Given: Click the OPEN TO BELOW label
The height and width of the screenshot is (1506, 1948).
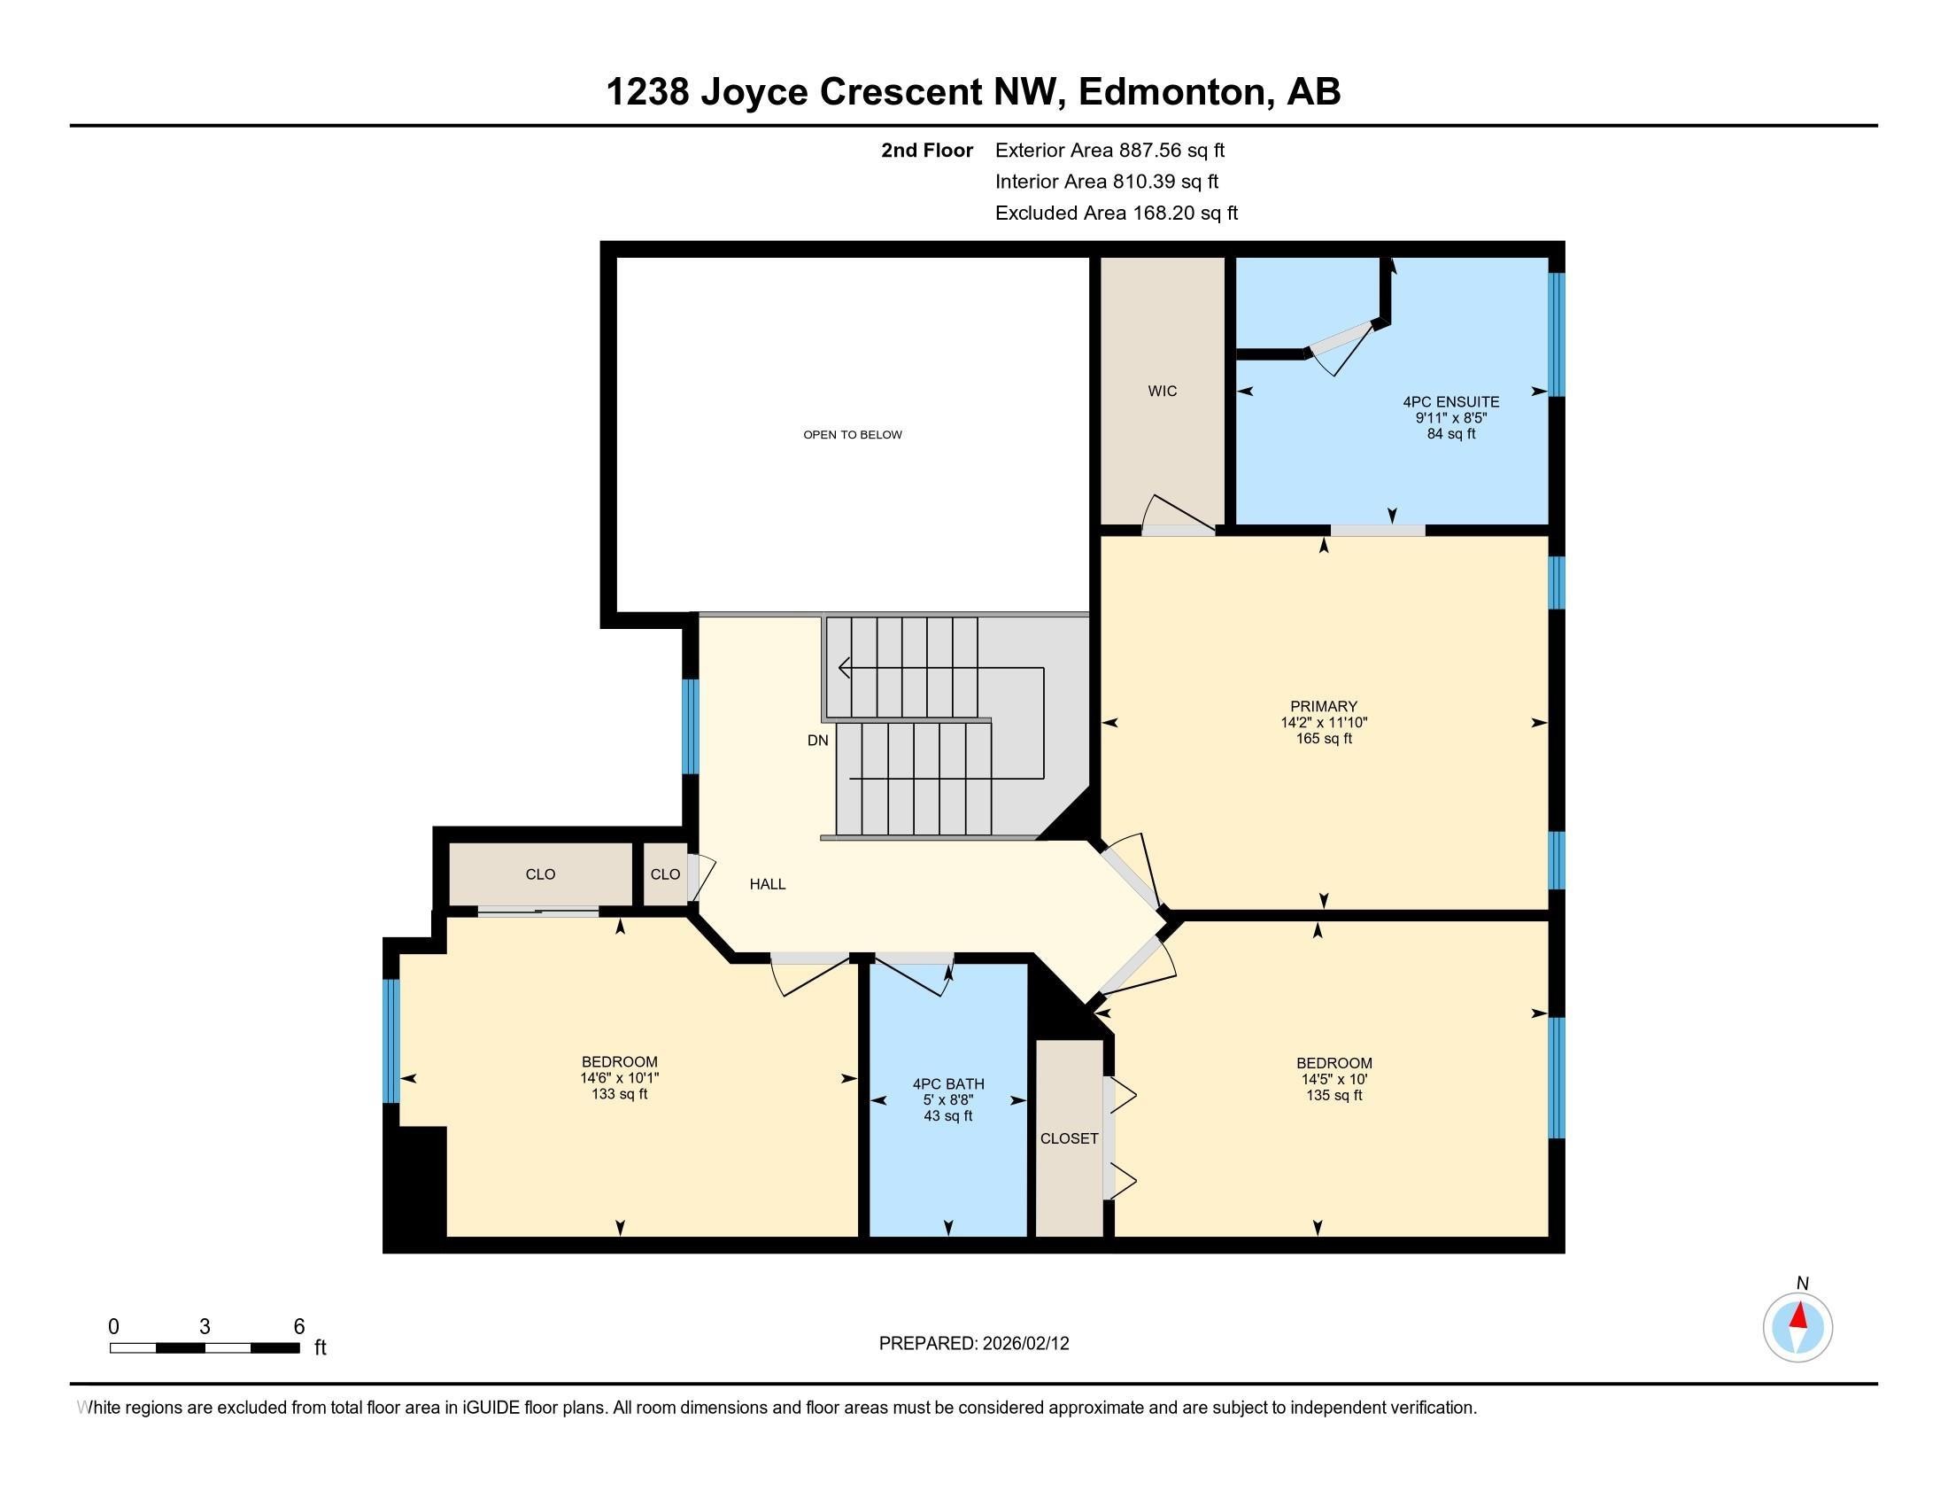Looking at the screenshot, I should pyautogui.click(x=852, y=434).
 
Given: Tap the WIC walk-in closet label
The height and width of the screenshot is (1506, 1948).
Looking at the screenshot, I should pyautogui.click(x=1163, y=391).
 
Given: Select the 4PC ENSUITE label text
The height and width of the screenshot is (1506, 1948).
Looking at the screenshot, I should pyautogui.click(x=1450, y=401).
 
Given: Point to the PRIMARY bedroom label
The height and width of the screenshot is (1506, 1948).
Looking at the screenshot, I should pyautogui.click(x=1323, y=706).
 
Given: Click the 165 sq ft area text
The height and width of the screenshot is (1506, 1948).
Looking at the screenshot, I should pyautogui.click(x=1324, y=739).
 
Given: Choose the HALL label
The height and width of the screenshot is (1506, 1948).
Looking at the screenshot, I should pyautogui.click(x=767, y=884).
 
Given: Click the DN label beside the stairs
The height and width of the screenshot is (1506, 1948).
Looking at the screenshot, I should pyautogui.click(x=817, y=740).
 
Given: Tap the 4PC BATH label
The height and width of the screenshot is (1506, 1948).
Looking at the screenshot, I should pyautogui.click(x=947, y=1084).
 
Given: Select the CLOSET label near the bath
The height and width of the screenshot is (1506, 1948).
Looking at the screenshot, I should pyautogui.click(x=1069, y=1138).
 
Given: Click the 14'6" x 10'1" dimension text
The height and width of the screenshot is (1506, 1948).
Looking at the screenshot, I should pyautogui.click(x=619, y=1078).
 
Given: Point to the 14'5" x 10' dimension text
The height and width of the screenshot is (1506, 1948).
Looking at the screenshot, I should pyautogui.click(x=1333, y=1079).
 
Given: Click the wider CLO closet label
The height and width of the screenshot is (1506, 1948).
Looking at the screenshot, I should pyautogui.click(x=539, y=874).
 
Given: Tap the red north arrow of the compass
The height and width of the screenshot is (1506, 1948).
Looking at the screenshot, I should pyautogui.click(x=1799, y=1316).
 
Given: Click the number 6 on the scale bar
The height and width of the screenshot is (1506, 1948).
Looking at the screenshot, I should pyautogui.click(x=298, y=1326).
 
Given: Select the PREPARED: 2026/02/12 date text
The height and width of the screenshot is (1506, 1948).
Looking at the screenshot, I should pyautogui.click(x=973, y=1344).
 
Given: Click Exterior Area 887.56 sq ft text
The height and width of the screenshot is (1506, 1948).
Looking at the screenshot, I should pyautogui.click(x=1109, y=150).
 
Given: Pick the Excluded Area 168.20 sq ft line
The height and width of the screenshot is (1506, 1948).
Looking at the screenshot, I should pyautogui.click(x=1116, y=213).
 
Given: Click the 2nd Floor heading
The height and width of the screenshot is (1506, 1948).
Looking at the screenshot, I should pyautogui.click(x=926, y=150).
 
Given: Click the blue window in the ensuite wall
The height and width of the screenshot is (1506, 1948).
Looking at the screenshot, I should pyautogui.click(x=1557, y=335).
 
